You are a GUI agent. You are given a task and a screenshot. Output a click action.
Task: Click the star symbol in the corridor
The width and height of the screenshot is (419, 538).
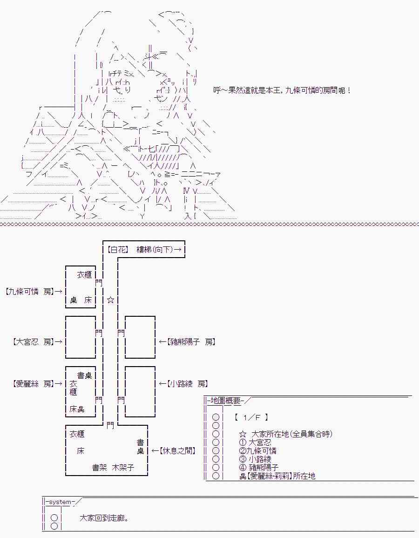click(x=110, y=300)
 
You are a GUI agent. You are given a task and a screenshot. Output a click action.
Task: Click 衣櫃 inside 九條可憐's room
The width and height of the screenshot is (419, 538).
click(x=85, y=275)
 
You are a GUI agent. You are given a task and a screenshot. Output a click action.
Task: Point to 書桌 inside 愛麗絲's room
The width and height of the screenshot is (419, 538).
click(x=85, y=375)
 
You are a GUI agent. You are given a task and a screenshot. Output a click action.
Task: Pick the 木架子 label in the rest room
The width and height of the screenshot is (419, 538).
click(x=123, y=468)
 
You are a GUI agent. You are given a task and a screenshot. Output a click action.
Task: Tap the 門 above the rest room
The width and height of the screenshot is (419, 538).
click(x=110, y=425)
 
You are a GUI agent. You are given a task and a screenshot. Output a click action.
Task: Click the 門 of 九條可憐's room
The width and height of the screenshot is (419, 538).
click(x=98, y=282)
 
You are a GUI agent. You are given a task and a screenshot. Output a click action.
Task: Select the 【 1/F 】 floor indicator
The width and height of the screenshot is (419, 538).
click(x=251, y=417)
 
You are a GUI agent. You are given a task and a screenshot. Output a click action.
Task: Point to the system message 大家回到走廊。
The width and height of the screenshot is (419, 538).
click(x=104, y=518)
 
